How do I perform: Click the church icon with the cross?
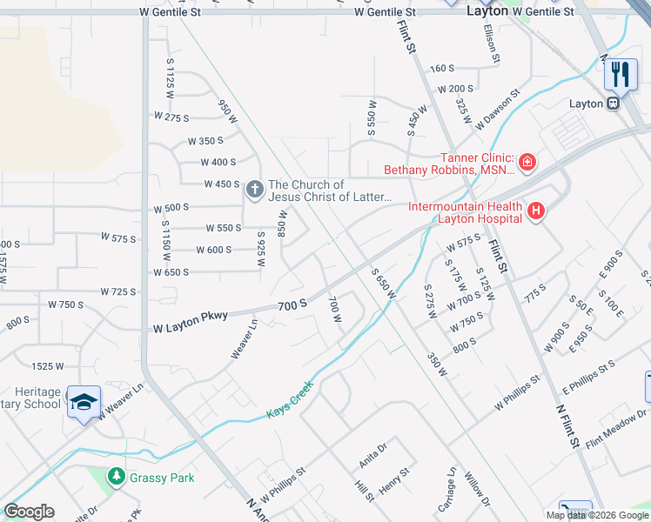[254, 189]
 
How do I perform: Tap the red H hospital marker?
[535, 210]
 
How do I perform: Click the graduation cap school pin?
[83, 402]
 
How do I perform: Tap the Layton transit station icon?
[614, 103]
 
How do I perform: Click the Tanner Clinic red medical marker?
[526, 162]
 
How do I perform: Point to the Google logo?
[29, 512]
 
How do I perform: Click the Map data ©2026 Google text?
[596, 515]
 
